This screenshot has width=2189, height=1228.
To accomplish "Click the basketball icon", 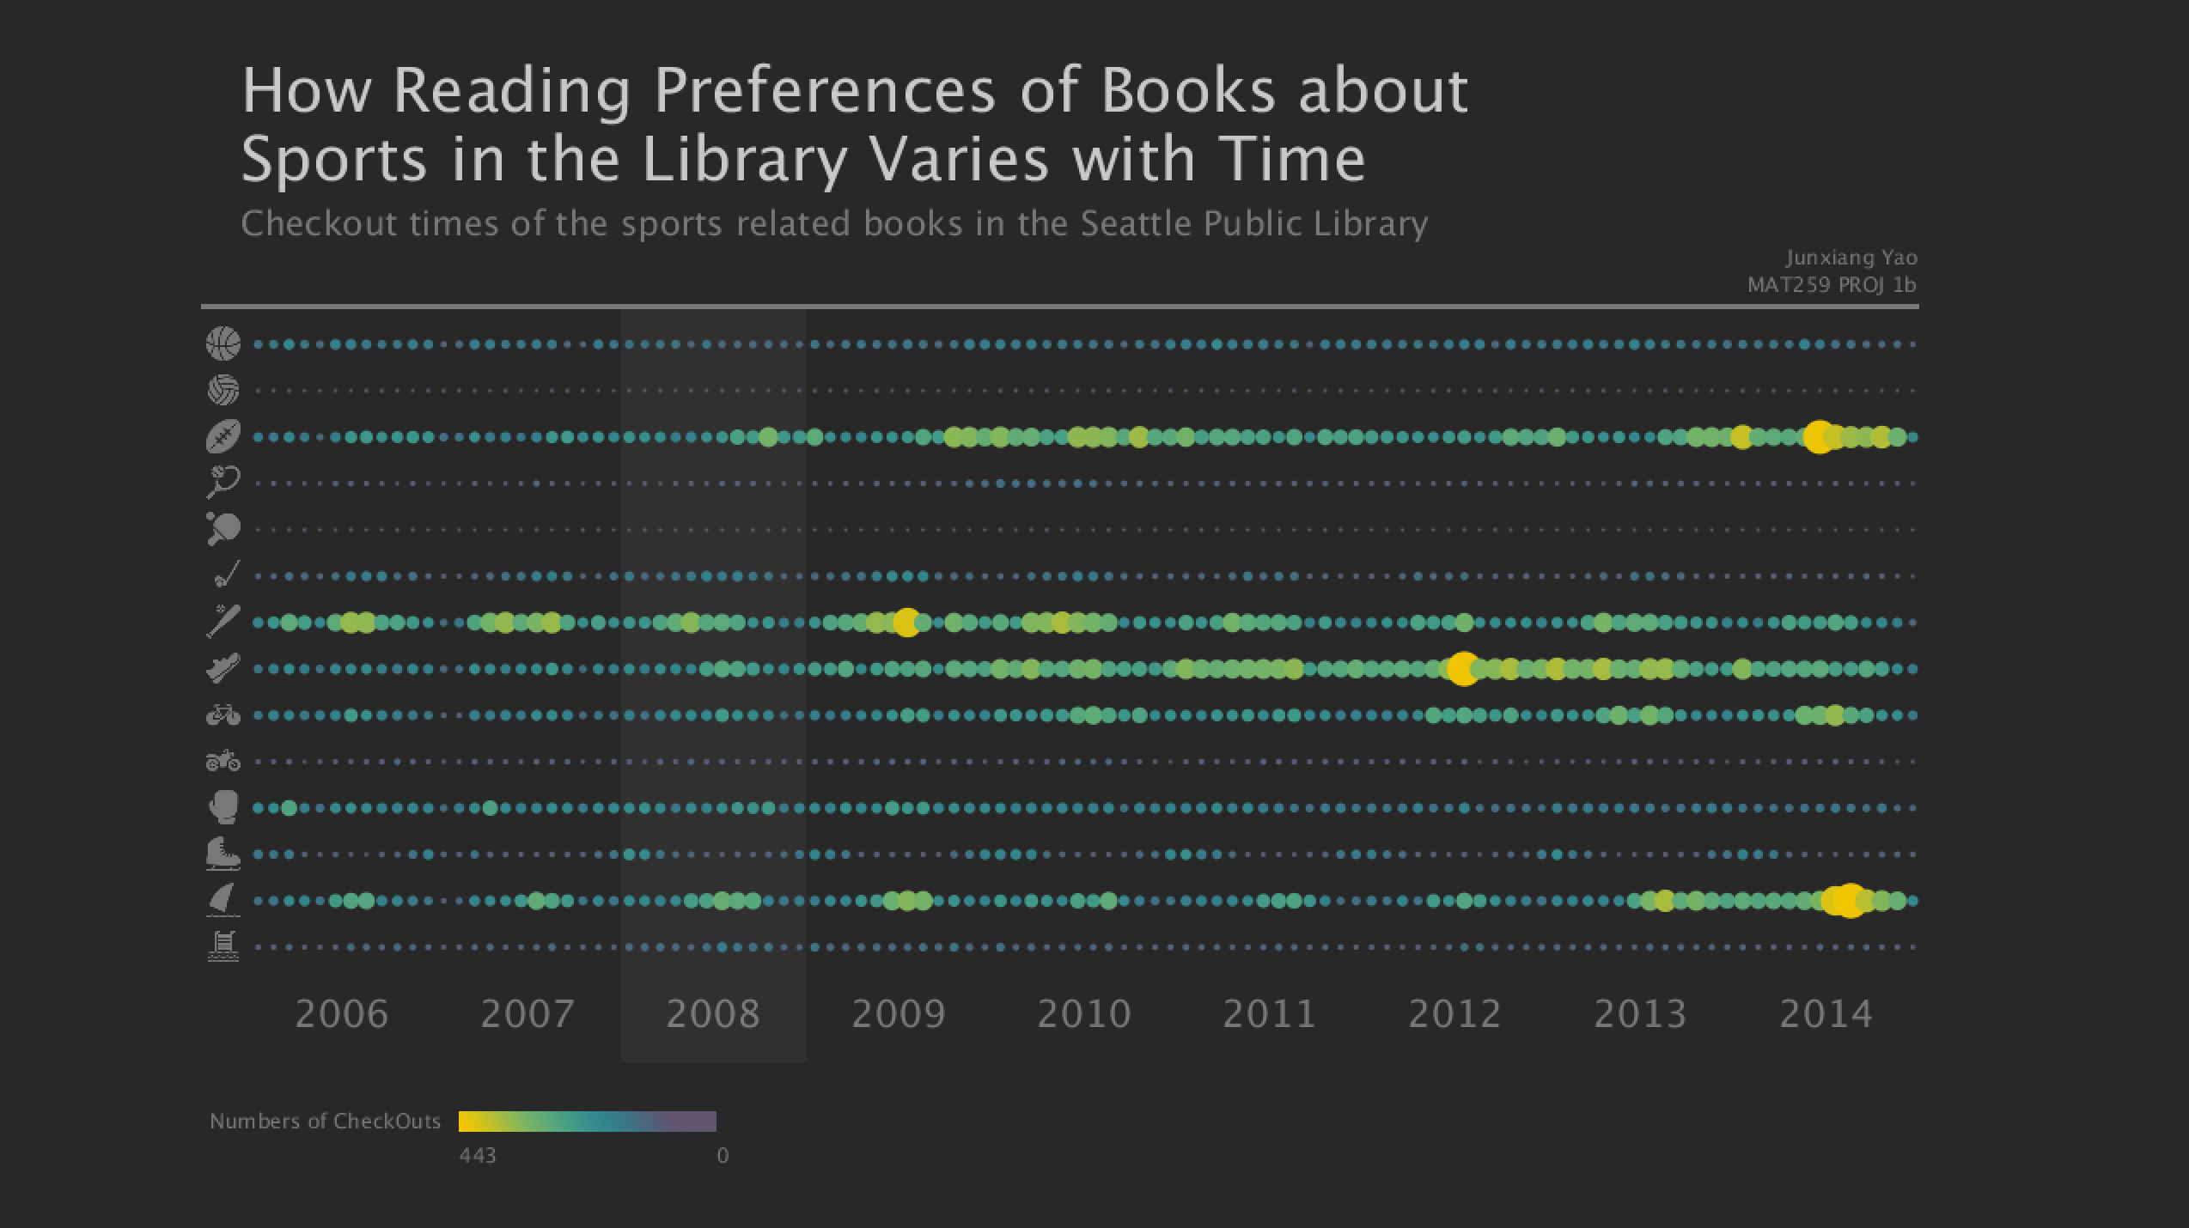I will coord(223,343).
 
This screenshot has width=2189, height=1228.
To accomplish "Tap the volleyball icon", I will coord(223,390).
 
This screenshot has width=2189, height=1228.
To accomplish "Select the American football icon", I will coord(223,436).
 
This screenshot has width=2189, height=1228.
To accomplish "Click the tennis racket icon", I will coord(223,482).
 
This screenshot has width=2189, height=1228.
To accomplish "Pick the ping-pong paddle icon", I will coord(223,528).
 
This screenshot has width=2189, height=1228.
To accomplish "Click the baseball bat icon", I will coord(223,621).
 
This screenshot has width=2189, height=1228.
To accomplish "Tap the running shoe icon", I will coord(223,667).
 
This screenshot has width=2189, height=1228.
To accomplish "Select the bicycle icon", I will coord(223,714).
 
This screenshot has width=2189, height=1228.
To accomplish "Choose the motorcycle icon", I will coord(223,761).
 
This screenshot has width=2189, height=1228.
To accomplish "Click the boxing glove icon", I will coord(223,807).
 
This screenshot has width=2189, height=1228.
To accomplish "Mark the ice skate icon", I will coord(223,854).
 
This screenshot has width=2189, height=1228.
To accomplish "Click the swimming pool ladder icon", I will coord(223,946).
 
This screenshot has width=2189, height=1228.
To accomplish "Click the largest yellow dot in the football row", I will coord(1818,437).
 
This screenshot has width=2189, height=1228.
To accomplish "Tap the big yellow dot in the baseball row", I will coord(906,622).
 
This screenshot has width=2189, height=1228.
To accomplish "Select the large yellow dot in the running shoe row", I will coord(1462,668).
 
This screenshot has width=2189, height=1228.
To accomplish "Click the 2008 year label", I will coord(713,1014).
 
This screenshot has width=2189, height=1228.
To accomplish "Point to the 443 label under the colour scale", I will coord(477,1156).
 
